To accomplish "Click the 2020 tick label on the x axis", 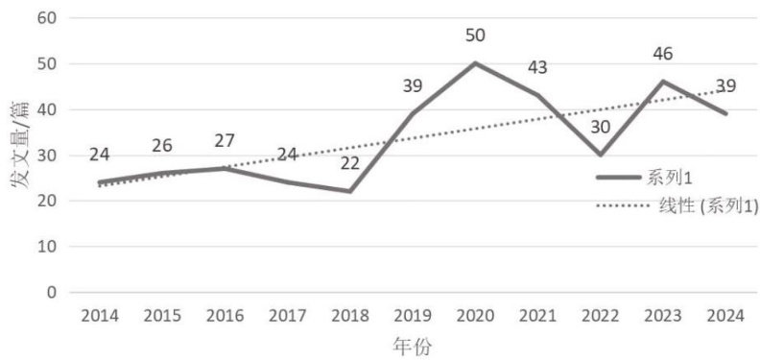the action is coord(476,317).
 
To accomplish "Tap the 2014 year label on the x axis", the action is coord(100,317).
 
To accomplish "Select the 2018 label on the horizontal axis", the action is coord(350,317).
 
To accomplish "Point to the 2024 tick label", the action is coord(725,317).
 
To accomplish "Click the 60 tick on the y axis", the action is coord(48,18).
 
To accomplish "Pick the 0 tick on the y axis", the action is coord(53,293).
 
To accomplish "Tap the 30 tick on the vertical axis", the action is coord(48,156).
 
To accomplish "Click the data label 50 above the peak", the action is coord(476,36).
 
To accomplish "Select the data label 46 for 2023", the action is coord(662,54).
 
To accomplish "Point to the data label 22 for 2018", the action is coord(350,163).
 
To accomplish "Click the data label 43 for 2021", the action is coord(537,67).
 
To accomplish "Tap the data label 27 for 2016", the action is coord(225,141).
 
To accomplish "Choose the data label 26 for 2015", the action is coord(162,146).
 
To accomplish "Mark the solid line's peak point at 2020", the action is coord(476,63).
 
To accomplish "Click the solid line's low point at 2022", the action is coord(601,155).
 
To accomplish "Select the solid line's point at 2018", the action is coord(350,191).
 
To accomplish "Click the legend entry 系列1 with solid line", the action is coord(644,178).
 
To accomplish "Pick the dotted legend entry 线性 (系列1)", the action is coord(677,206).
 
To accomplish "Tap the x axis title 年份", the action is coord(413,347).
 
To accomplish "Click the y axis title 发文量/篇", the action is coord(20,146).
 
